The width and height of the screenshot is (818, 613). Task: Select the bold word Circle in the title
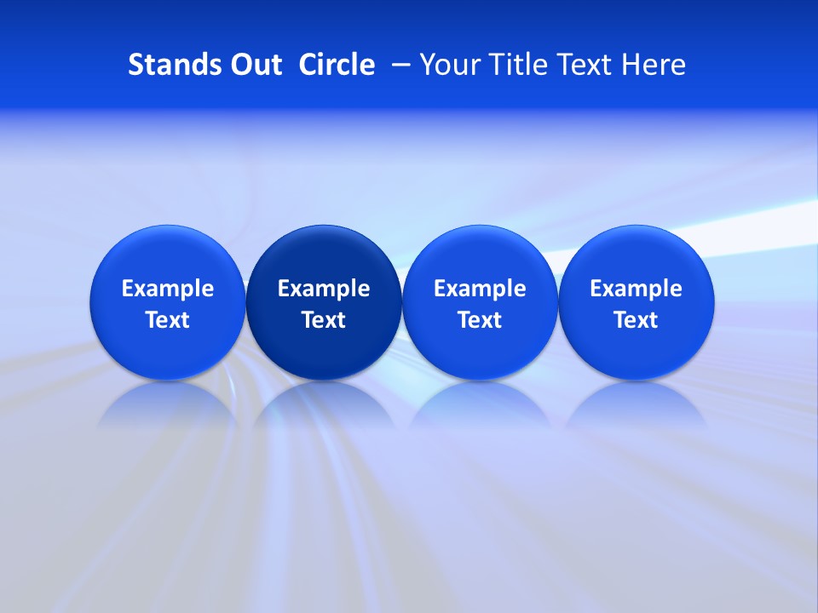pyautogui.click(x=337, y=65)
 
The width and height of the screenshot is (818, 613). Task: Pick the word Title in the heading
pyautogui.click(x=517, y=65)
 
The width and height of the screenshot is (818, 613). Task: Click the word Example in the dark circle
pyautogui.click(x=324, y=289)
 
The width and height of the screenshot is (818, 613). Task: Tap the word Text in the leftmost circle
pyautogui.click(x=168, y=320)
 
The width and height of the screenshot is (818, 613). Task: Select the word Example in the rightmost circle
pyautogui.click(x=636, y=289)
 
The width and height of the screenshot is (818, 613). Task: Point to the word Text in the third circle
pyautogui.click(x=480, y=320)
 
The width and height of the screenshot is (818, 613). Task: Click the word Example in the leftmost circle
pyautogui.click(x=168, y=289)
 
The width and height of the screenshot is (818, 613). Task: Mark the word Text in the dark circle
pyautogui.click(x=324, y=320)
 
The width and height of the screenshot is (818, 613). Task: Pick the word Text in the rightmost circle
pyautogui.click(x=636, y=320)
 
